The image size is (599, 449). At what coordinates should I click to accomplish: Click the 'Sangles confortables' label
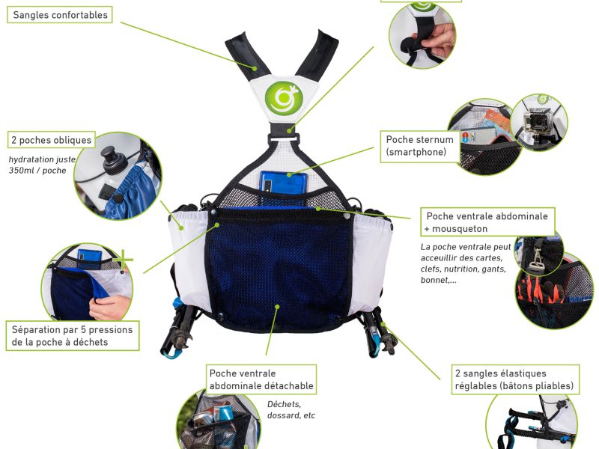tap(60, 15)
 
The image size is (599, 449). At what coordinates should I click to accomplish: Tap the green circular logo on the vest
tap(284, 97)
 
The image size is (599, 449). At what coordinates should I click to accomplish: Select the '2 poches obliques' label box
tap(51, 140)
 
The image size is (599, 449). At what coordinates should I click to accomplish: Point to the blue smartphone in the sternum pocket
tap(284, 182)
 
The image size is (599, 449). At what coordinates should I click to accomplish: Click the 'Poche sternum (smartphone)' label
tap(420, 146)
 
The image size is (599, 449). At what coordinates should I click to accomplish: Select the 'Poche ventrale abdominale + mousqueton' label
tap(487, 222)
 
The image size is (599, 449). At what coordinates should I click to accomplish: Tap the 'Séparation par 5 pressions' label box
tap(73, 335)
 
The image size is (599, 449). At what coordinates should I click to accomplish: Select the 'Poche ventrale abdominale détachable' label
tap(261, 379)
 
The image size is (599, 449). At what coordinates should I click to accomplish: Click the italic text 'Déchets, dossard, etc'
tap(291, 409)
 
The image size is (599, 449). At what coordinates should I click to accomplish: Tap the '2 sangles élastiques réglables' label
tap(515, 379)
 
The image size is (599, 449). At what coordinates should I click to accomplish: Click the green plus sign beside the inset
tap(122, 260)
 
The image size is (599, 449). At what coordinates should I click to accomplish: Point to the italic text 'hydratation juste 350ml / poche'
tap(42, 165)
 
